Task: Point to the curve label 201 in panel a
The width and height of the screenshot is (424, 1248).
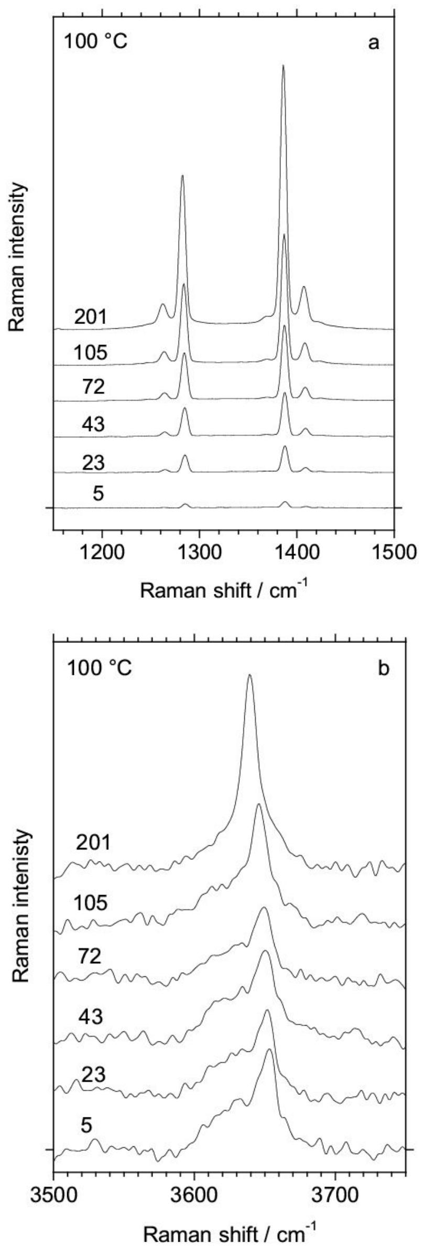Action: pyautogui.click(x=91, y=317)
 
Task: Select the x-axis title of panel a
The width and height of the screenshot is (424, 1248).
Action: pyautogui.click(x=223, y=591)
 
